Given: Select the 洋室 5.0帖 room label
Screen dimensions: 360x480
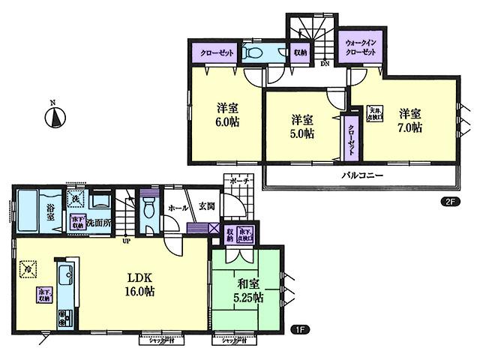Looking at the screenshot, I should coord(303,126).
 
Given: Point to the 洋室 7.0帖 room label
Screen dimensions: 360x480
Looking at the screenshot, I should coord(409,120).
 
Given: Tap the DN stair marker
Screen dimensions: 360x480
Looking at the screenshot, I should coord(324,64).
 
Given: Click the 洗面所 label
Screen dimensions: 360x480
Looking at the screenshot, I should coord(98,223).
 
